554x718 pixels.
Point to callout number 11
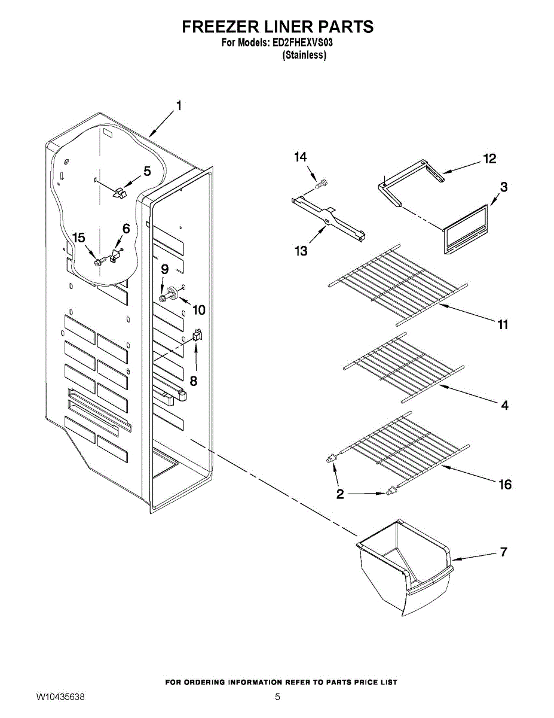click(x=503, y=324)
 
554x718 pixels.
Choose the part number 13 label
click(x=301, y=251)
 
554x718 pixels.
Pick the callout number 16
click(x=505, y=484)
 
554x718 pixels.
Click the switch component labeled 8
click(x=197, y=337)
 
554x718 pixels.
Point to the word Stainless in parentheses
click(x=304, y=55)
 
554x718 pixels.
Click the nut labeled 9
click(x=163, y=297)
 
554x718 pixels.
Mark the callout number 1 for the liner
click(x=178, y=106)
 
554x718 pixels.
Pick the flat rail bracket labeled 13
click(x=329, y=218)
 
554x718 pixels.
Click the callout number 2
click(x=340, y=494)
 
